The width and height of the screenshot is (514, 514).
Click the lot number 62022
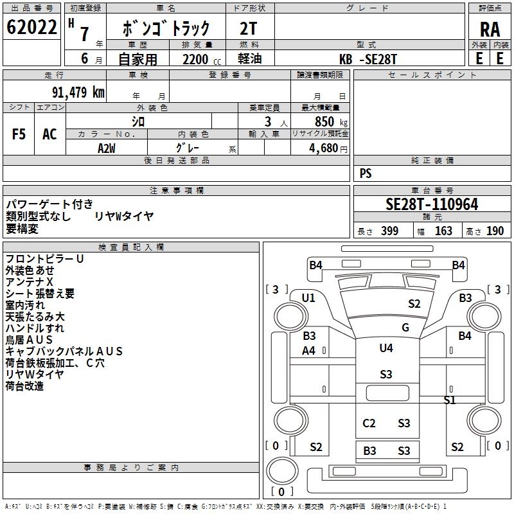pyautogui.click(x=31, y=27)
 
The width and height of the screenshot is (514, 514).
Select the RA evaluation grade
pyautogui.click(x=490, y=30)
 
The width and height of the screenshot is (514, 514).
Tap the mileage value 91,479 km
pyautogui.click(x=78, y=92)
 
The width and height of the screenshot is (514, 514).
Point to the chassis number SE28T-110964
pyautogui.click(x=432, y=204)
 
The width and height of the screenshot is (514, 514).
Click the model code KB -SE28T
pyautogui.click(x=368, y=59)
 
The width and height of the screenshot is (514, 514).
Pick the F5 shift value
pyautogui.click(x=19, y=134)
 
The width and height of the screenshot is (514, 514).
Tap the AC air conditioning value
pyautogui.click(x=49, y=134)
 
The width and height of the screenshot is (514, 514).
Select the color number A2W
pyautogui.click(x=107, y=148)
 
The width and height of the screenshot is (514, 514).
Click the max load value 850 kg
pyautogui.click(x=331, y=121)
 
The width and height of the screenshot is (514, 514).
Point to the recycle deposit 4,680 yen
pyautogui.click(x=328, y=148)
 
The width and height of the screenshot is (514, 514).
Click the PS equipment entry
pyautogui.click(x=366, y=173)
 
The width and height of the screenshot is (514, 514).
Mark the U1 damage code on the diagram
pyautogui.click(x=308, y=298)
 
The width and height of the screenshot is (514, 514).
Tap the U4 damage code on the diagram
pyautogui.click(x=386, y=348)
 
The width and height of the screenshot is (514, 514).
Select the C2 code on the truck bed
pyautogui.click(x=369, y=423)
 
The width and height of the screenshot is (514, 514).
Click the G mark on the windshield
pyautogui.click(x=405, y=328)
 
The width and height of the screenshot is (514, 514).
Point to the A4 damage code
pyautogui.click(x=308, y=351)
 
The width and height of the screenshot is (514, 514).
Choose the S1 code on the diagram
pyautogui.click(x=450, y=400)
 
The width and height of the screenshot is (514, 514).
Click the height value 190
pyautogui.click(x=495, y=231)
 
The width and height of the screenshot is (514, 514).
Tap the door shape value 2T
pyautogui.click(x=248, y=29)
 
